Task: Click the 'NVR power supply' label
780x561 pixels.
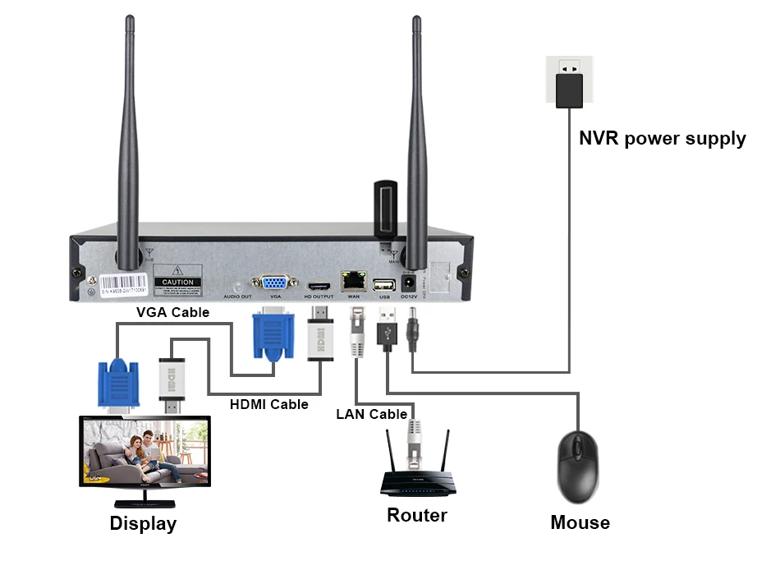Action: [x=662, y=138]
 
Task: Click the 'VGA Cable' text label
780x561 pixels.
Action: [x=172, y=312]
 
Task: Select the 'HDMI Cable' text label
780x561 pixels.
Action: [x=268, y=404]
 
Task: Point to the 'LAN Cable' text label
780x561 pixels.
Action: [x=371, y=414]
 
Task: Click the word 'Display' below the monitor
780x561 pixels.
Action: [x=143, y=523]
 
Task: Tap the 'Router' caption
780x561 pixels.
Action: [x=417, y=515]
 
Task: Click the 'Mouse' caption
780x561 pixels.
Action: [x=580, y=522]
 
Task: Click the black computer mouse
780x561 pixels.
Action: [x=580, y=467]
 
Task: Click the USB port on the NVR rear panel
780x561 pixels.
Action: [x=383, y=284]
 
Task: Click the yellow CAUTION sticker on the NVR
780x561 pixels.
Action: [x=177, y=279]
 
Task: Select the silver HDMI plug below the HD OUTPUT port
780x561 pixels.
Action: [x=320, y=337]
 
